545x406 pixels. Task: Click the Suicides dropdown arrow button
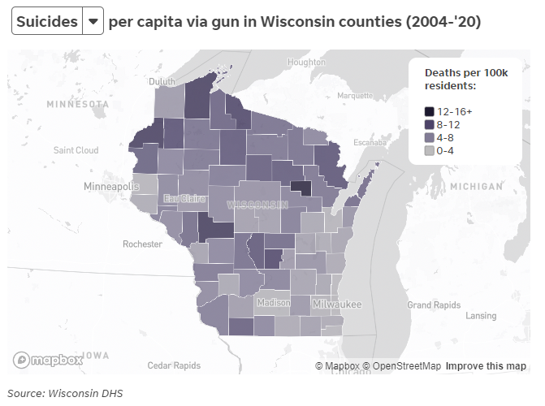(x=93, y=21)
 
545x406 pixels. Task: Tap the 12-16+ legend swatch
(x=429, y=111)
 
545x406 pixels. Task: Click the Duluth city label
(x=162, y=81)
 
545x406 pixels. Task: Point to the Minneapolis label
(x=111, y=187)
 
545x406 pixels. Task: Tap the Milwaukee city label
(x=336, y=304)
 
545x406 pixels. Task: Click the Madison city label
(x=273, y=302)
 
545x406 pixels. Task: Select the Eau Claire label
(x=184, y=198)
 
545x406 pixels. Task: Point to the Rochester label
(x=143, y=244)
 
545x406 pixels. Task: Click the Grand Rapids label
(x=434, y=305)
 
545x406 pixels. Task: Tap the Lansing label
(x=481, y=315)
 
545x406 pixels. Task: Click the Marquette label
(x=355, y=95)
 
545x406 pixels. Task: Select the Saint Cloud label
(x=76, y=150)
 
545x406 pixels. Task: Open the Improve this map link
(x=485, y=366)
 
